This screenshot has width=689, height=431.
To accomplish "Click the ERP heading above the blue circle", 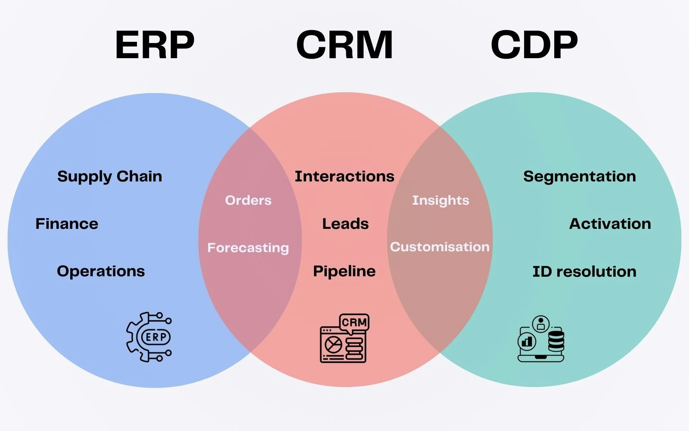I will click(x=155, y=45).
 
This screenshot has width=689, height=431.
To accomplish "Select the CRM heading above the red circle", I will click(x=344, y=45).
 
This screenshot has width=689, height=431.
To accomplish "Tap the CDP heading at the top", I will click(x=534, y=45).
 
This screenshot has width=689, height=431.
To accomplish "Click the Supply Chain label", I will click(x=109, y=176).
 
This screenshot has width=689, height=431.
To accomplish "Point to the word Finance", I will click(x=67, y=224).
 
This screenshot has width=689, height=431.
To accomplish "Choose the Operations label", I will click(x=101, y=271).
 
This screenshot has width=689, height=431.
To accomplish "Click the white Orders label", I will click(x=248, y=200).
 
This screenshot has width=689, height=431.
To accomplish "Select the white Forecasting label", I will click(x=248, y=247).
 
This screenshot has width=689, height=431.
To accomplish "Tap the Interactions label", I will click(x=344, y=176).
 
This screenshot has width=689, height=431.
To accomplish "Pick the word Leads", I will click(x=345, y=224).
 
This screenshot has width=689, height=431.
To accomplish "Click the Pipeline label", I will click(x=344, y=271).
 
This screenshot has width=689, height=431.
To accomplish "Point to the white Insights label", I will click(x=441, y=200).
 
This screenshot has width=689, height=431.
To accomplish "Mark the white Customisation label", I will click(x=440, y=247).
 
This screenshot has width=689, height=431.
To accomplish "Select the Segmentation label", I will click(x=580, y=176).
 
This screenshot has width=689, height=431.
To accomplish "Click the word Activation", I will click(x=610, y=224).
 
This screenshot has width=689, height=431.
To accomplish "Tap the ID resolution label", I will click(x=584, y=272).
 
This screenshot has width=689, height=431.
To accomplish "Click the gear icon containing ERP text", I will click(x=149, y=337).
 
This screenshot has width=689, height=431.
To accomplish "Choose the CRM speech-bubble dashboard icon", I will click(x=344, y=338).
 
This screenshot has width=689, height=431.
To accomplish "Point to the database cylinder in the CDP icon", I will click(x=556, y=340).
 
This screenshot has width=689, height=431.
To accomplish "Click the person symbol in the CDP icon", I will click(x=541, y=324).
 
